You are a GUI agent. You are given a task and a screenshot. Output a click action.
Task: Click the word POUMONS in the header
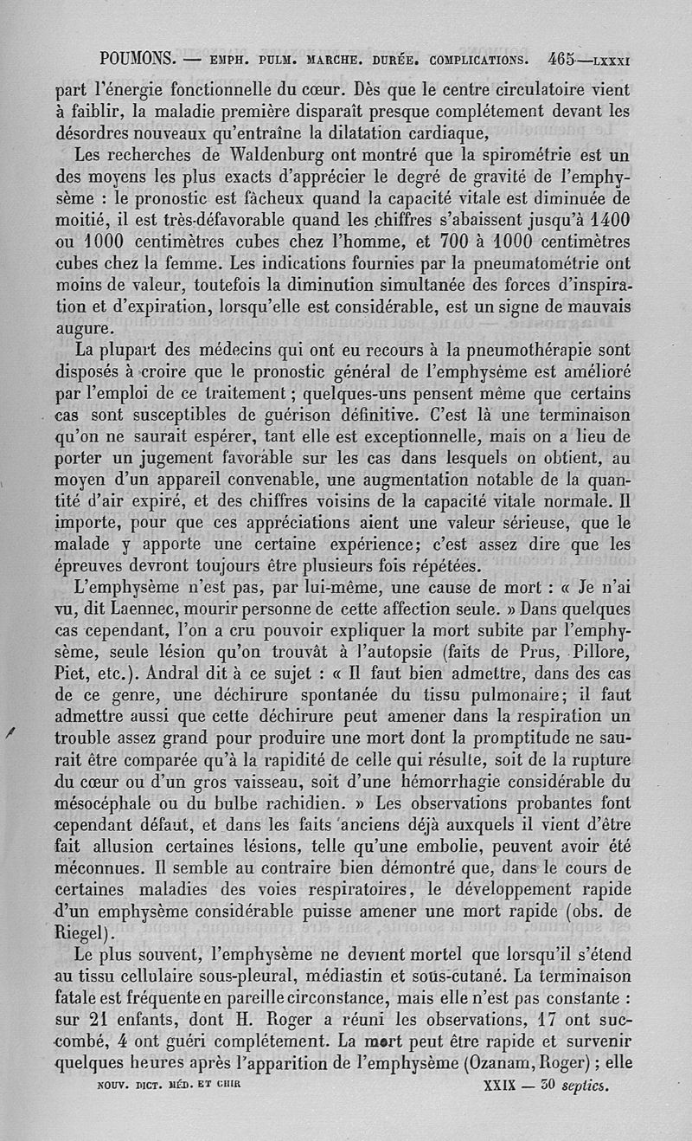click(x=138, y=60)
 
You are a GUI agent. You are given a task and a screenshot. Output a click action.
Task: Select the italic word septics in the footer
click(x=585, y=1084)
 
